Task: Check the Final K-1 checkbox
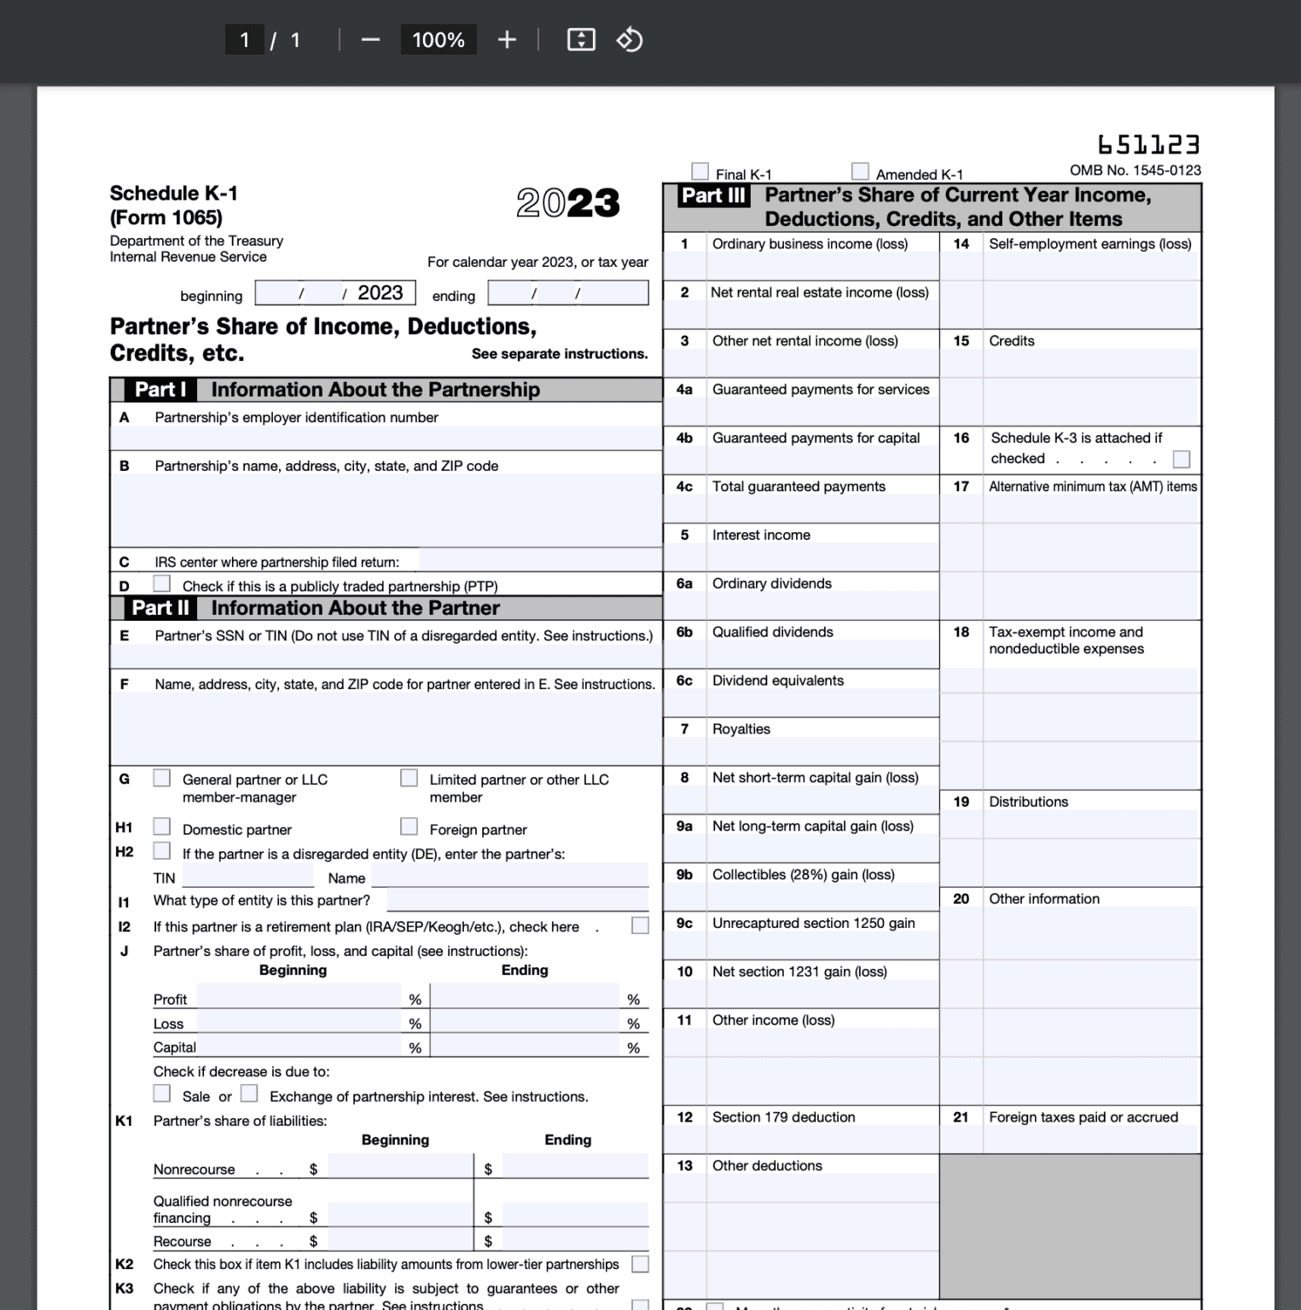[x=700, y=171]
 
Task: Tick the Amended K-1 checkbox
[x=860, y=171]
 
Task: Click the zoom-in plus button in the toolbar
[x=507, y=40]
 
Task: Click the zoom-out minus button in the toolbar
[x=370, y=40]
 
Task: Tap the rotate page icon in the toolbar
[x=630, y=40]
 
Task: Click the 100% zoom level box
[x=439, y=40]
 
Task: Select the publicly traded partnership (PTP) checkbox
[x=161, y=584]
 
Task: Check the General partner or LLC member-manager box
[x=161, y=779]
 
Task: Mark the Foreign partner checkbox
[x=409, y=827]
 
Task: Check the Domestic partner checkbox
[x=161, y=827]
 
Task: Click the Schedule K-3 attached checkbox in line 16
[x=1182, y=460]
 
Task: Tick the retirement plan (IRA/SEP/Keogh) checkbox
[x=640, y=926]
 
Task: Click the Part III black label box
[x=714, y=196]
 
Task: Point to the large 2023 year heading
[x=567, y=203]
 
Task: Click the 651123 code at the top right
[x=1148, y=144]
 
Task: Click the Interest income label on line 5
[x=761, y=536]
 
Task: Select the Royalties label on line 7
[x=741, y=729]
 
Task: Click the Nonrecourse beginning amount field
[x=399, y=1167]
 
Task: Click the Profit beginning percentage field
[x=299, y=997]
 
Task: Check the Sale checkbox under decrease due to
[x=161, y=1094]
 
